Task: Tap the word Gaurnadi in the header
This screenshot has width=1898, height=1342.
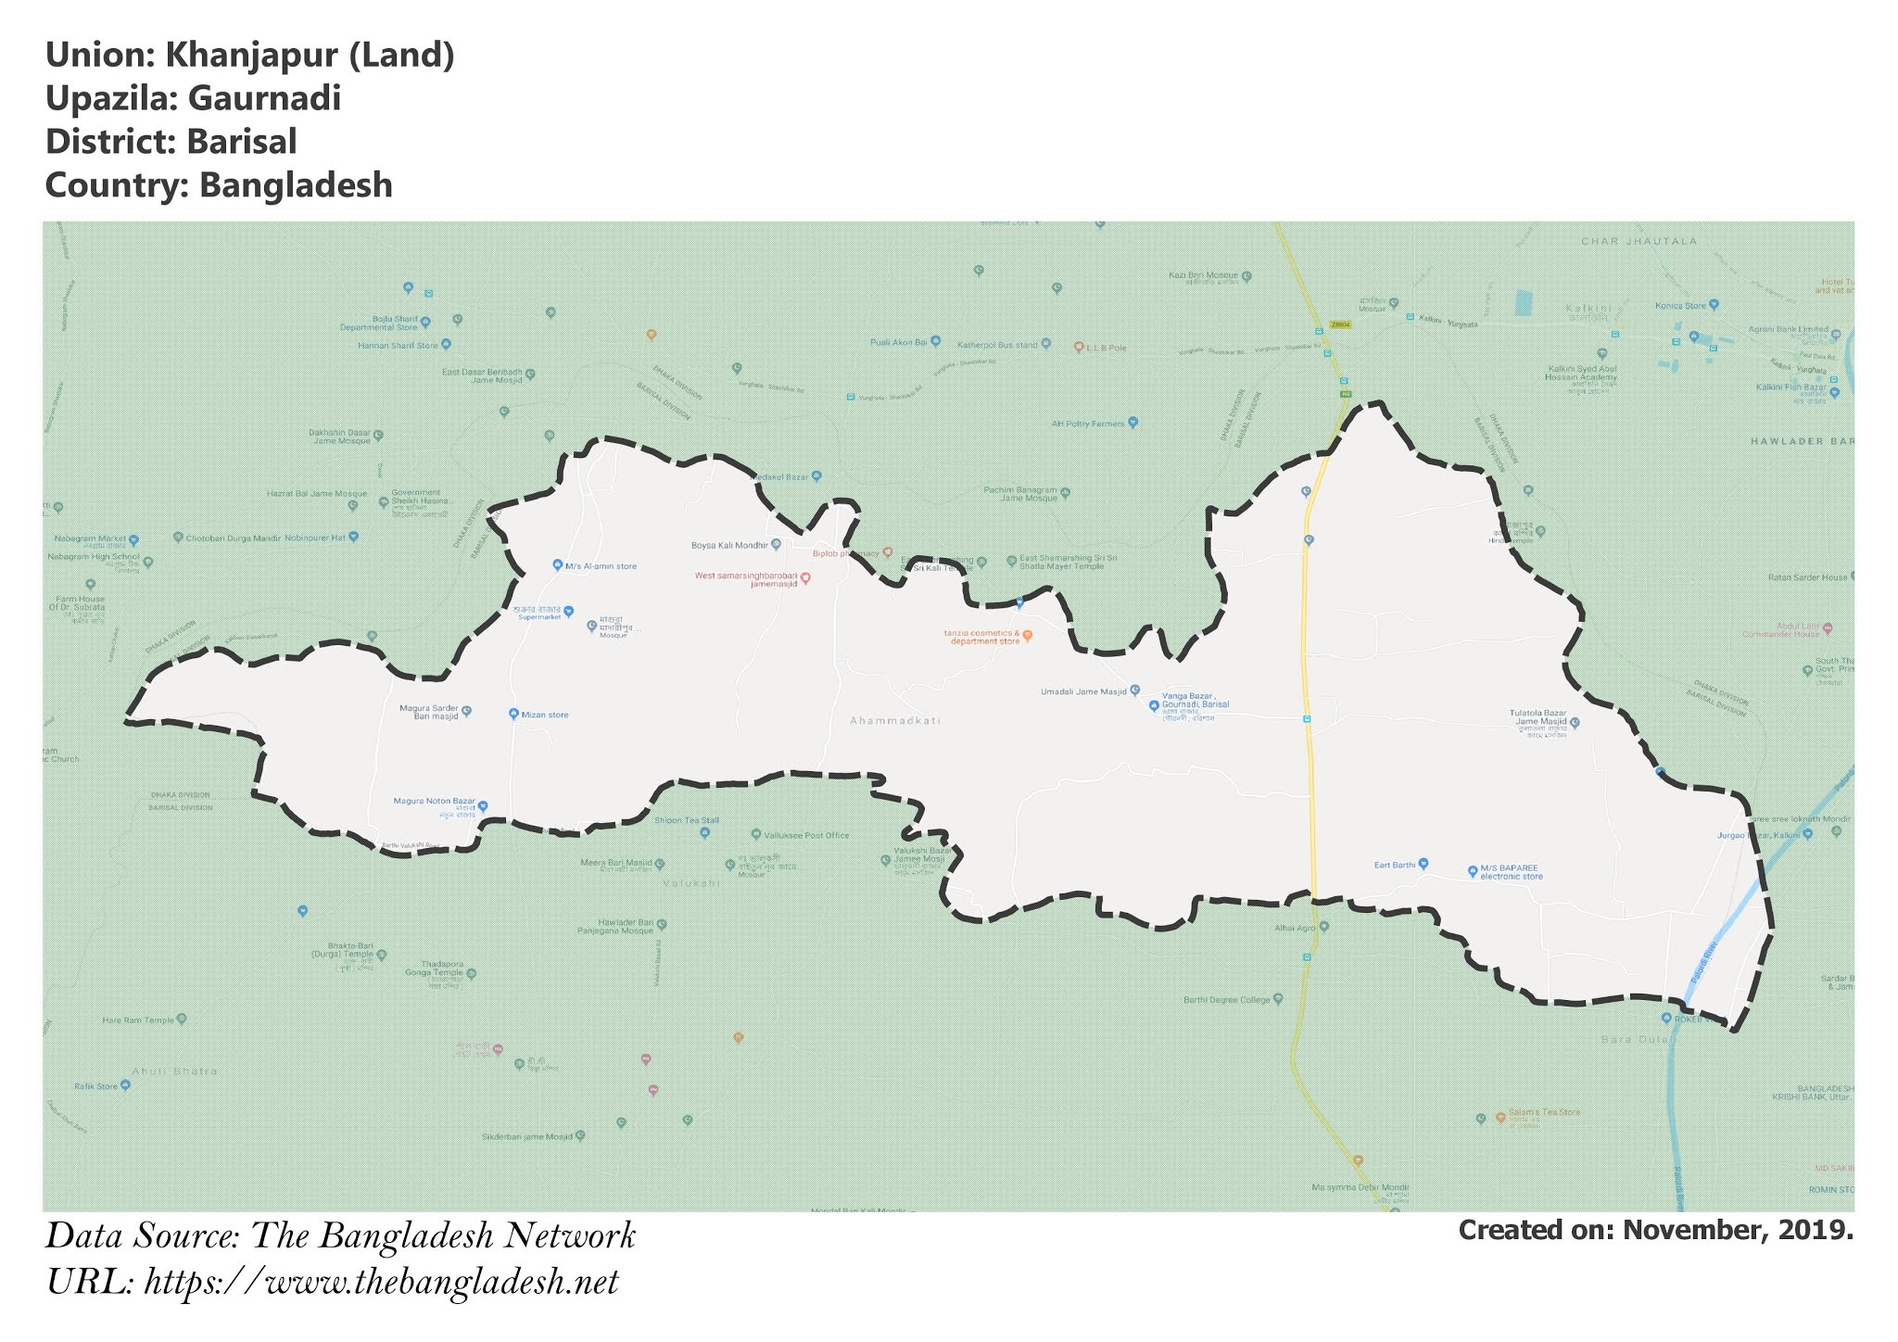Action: click(x=264, y=99)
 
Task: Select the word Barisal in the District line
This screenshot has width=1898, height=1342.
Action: click(x=241, y=142)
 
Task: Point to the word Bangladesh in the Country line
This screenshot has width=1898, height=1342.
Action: click(x=296, y=185)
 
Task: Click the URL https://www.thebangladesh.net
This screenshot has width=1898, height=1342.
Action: click(x=381, y=1283)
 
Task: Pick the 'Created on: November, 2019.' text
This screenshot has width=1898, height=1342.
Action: click(x=1655, y=1231)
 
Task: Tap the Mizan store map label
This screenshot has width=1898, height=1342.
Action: click(x=544, y=715)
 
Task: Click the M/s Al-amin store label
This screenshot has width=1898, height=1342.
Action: click(x=601, y=566)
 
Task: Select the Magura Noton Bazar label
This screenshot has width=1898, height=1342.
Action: click(x=434, y=802)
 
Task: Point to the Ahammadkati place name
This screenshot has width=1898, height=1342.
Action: click(x=895, y=721)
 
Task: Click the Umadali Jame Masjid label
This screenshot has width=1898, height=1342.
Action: click(x=1083, y=692)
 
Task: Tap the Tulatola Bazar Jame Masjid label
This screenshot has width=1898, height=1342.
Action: click(x=1537, y=717)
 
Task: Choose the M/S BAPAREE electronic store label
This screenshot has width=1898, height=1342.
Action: click(x=1511, y=872)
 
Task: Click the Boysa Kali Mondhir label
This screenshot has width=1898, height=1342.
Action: click(x=729, y=546)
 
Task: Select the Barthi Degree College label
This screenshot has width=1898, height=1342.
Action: click(x=1226, y=1000)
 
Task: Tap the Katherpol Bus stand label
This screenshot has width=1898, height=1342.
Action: click(x=997, y=346)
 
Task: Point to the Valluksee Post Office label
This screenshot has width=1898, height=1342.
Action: click(x=806, y=836)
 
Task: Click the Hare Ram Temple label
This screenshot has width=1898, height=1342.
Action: click(x=138, y=1020)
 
